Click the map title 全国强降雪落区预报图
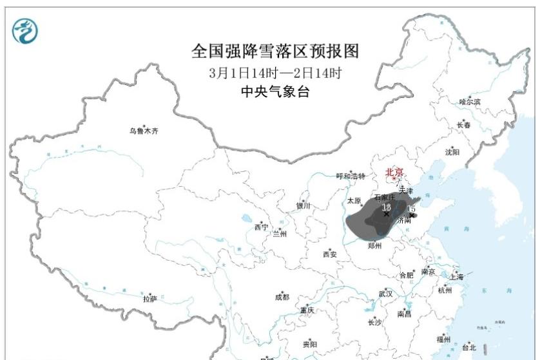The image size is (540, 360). point(275,51)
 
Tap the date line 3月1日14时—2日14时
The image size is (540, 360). point(275,73)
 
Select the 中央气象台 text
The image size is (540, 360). point(275,92)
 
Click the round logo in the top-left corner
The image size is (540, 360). point(25,30)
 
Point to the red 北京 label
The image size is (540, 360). point(394,172)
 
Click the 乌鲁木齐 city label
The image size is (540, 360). point(143,131)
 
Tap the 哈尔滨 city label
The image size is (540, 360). point(470,102)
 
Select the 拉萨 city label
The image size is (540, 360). point(149,299)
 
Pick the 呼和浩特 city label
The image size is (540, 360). point(351,176)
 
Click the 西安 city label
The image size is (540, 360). point(329,254)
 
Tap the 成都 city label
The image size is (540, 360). point(282,297)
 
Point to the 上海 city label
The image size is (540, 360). point(456,277)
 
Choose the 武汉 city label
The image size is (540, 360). point(385,294)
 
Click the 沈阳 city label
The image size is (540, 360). point(452,153)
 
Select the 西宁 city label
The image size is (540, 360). point(260,227)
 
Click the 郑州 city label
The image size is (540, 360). point(374,246)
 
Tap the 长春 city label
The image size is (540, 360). point(463,125)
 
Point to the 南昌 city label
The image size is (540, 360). point(404,314)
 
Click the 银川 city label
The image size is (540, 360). point(303,206)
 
